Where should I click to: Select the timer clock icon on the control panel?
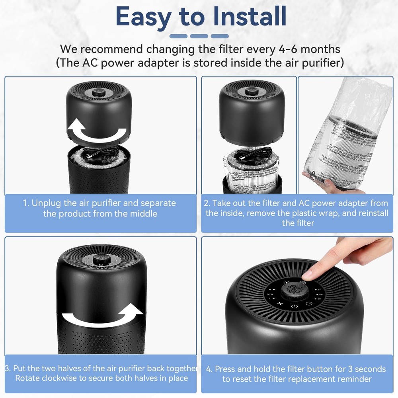click(x=309, y=304)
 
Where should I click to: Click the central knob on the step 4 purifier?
click(x=294, y=291)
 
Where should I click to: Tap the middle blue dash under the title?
click(x=199, y=36)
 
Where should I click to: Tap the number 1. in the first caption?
click(x=26, y=203)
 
